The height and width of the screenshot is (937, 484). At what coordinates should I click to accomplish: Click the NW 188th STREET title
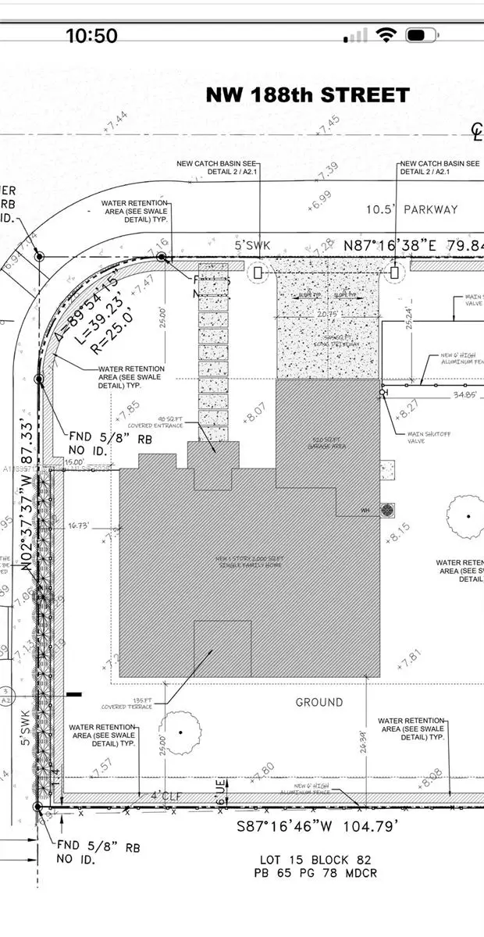click(308, 95)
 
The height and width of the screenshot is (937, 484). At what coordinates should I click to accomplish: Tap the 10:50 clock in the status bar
click(91, 35)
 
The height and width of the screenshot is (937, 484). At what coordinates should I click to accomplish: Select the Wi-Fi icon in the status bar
click(386, 35)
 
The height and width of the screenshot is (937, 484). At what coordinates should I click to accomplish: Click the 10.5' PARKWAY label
click(412, 209)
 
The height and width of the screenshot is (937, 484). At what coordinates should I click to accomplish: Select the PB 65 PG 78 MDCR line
click(318, 873)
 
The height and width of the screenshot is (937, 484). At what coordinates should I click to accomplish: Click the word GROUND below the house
click(319, 702)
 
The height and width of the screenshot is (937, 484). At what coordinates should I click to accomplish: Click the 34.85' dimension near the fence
click(442, 396)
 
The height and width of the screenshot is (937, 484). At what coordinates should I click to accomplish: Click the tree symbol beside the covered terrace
click(180, 732)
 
